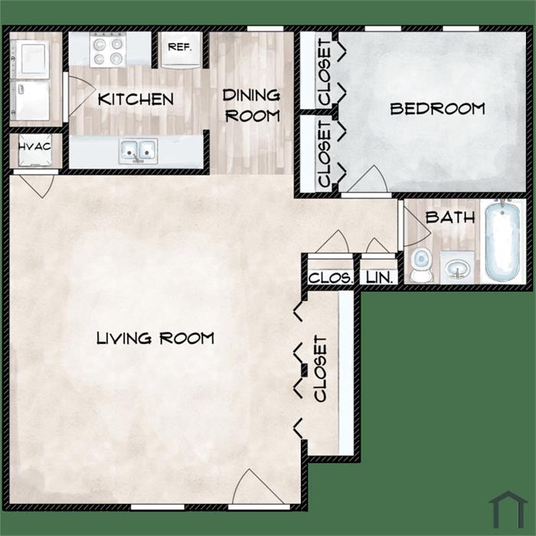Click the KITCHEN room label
[136, 99]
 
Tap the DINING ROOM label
[252, 106]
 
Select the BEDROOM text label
[437, 109]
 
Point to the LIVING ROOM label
[155, 338]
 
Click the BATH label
[450, 217]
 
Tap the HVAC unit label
[34, 147]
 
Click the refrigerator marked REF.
[180, 49]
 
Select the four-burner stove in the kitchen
[108, 49]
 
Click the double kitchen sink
[139, 151]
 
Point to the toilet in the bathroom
[421, 265]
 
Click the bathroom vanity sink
[457, 267]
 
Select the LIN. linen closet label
[379, 277]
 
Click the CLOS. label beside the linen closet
[330, 277]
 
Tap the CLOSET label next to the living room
[321, 368]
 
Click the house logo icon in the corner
[508, 510]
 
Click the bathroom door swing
[424, 222]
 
